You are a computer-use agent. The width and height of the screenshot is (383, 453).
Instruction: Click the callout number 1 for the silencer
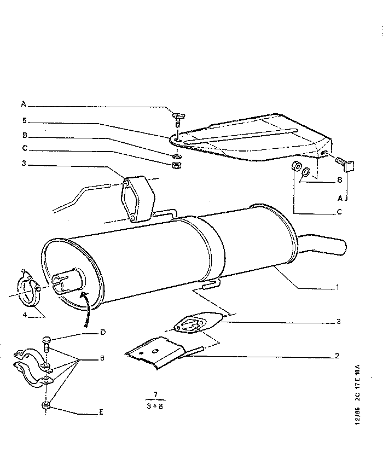[338, 287]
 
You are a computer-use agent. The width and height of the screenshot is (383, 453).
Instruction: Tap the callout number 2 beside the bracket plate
[338, 356]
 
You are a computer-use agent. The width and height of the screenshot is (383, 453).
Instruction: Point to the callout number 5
[24, 121]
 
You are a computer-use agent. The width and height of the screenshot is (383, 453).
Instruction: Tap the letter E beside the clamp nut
[101, 411]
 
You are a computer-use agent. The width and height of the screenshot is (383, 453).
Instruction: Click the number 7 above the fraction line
[156, 395]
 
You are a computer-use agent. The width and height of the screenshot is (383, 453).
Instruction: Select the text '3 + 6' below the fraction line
[156, 406]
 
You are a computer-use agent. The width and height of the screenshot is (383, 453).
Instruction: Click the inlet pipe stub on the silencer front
[67, 278]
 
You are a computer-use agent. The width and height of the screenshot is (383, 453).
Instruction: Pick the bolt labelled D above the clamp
[45, 343]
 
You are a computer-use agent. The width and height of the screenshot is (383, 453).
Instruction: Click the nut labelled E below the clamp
[45, 405]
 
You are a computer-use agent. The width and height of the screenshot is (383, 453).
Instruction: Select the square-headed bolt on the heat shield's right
[345, 163]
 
